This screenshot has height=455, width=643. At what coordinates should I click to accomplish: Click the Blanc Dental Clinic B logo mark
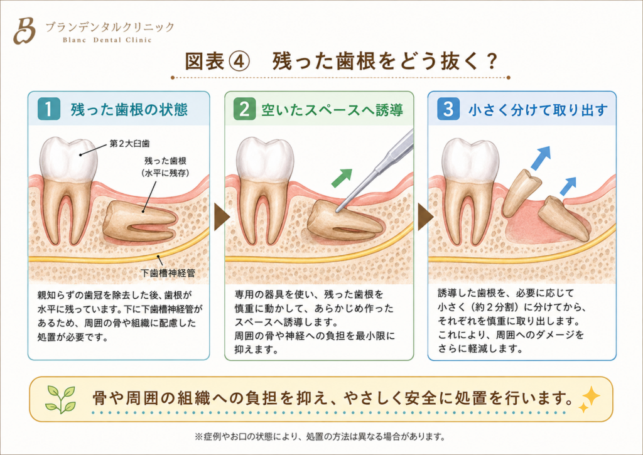pos(24,31)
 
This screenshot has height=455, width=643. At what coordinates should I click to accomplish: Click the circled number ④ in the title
pos(238,62)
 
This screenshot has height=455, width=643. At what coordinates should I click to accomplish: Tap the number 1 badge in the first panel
pos(49,109)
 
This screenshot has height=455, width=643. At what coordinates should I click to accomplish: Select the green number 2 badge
pos(244,109)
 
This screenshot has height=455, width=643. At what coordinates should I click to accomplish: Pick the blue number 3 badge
pos(448,109)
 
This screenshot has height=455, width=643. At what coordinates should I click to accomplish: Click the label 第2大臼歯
pos(129,144)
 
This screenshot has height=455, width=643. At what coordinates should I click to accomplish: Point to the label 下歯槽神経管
pos(168,273)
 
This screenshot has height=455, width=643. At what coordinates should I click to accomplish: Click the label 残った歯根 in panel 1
pos(165,161)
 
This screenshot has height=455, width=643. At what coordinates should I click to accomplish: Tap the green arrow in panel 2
pos(342,178)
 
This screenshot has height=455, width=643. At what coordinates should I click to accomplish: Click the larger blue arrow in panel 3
pos(541,158)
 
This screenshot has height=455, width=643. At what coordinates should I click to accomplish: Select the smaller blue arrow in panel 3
pos(568,186)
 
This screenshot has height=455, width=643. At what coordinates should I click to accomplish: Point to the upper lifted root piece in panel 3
pos(521,192)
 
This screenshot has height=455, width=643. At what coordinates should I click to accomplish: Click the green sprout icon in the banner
pos(61,399)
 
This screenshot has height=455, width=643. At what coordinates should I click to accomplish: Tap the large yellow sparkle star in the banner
pos(591,395)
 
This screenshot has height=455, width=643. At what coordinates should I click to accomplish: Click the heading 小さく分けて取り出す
pos(538,110)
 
